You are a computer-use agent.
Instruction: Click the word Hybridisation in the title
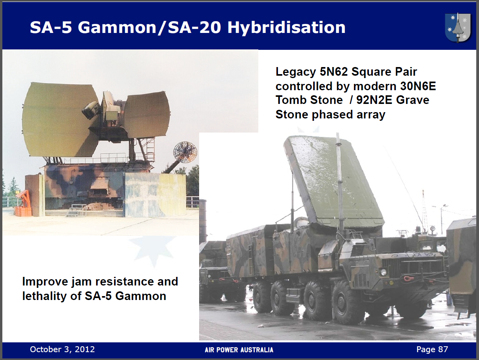pyautogui.click(x=286, y=28)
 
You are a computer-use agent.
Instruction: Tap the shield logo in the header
pyautogui.click(x=458, y=28)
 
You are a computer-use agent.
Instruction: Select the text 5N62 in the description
pyautogui.click(x=334, y=72)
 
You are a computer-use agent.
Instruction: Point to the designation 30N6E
pyautogui.click(x=418, y=86)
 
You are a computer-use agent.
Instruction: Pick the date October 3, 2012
pyautogui.click(x=62, y=349)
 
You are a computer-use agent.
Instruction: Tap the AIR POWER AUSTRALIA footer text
pyautogui.click(x=239, y=350)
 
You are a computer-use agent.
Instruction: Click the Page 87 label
pyautogui.click(x=432, y=349)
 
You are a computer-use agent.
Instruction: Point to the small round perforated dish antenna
pyautogui.click(x=185, y=152)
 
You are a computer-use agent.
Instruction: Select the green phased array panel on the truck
pyautogui.click(x=334, y=181)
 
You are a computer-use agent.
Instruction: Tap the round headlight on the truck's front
pyautogui.click(x=383, y=272)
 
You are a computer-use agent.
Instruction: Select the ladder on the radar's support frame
pyautogui.click(x=150, y=147)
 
